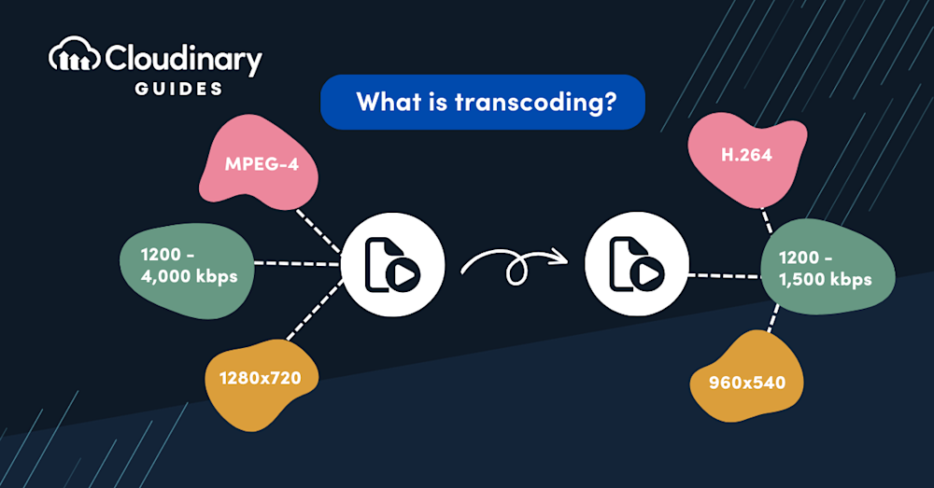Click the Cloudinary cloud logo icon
click(74, 55)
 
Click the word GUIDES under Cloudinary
click(178, 89)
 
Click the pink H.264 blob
click(746, 158)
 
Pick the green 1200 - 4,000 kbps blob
click(187, 271)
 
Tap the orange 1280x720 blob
click(261, 381)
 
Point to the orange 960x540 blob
click(746, 379)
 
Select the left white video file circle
click(392, 265)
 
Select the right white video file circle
click(637, 264)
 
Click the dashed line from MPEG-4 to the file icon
click(319, 231)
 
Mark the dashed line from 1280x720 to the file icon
click(315, 310)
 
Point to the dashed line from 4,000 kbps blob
click(297, 264)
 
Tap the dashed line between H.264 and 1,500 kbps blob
click(767, 220)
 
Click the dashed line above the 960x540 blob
click(773, 318)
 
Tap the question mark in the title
click(609, 101)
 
